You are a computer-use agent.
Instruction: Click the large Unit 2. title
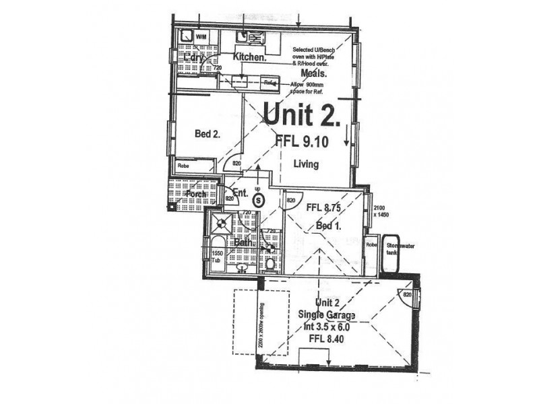(x=301, y=115)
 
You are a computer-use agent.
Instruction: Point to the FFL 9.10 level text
(x=301, y=141)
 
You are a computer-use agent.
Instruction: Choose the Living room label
(x=305, y=164)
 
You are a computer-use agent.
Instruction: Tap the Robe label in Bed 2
(x=183, y=165)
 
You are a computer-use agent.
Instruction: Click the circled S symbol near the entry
(x=257, y=199)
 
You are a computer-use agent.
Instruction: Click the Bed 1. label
(x=329, y=227)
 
